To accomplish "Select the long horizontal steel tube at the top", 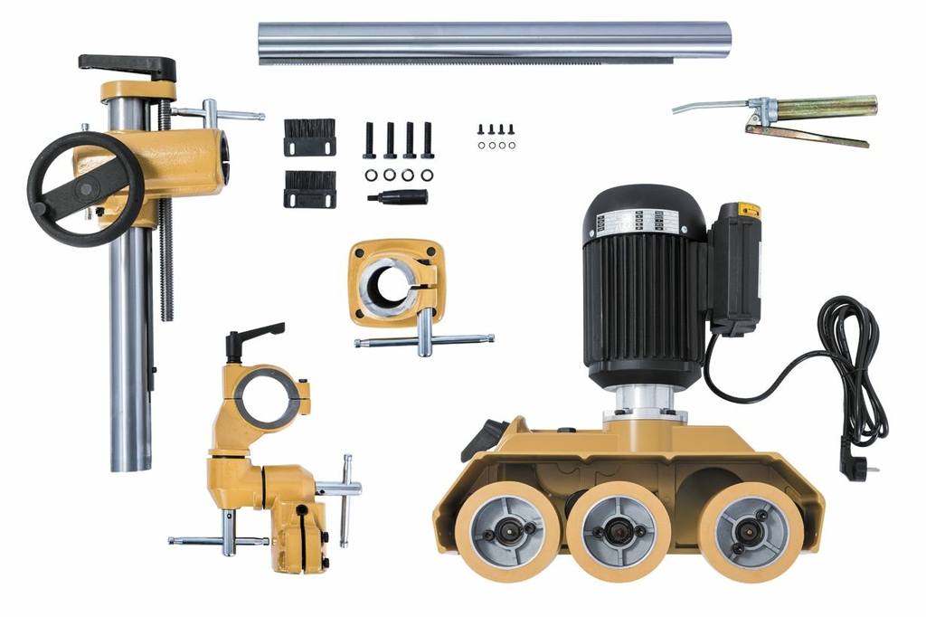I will click(x=493, y=41).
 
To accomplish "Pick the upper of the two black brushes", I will click(x=309, y=137).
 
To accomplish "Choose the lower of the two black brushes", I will click(x=309, y=189).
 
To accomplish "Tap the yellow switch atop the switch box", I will click(x=748, y=210).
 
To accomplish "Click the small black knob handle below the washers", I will click(x=398, y=196).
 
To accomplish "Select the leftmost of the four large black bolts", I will click(x=369, y=140).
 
